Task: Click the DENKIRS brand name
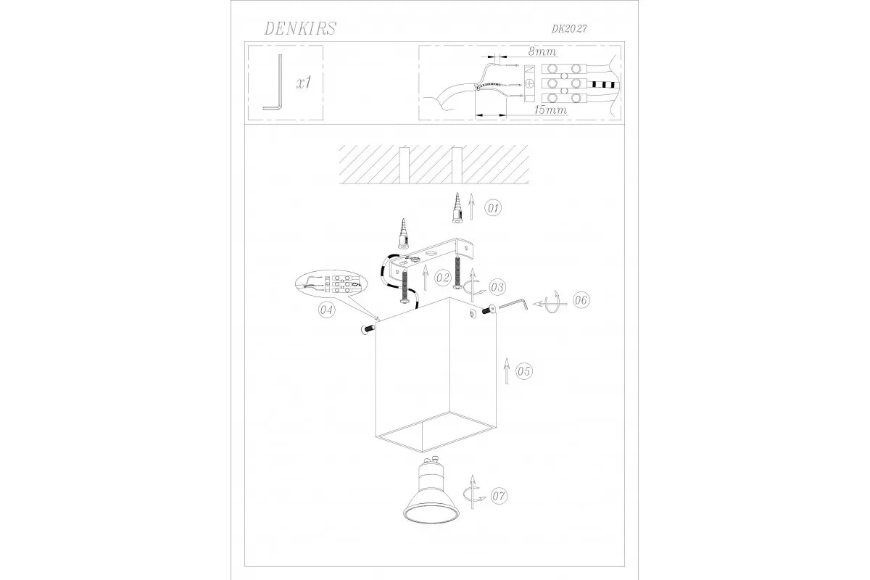pos(300,29)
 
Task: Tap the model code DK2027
pos(569,29)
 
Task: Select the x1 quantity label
pos(304,83)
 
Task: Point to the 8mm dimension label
pos(542,51)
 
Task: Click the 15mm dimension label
pos(551,110)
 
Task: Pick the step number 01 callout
pos(493,208)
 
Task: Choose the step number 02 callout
pos(442,278)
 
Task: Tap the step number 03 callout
pos(497,287)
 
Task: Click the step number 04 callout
pos(327,310)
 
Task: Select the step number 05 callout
pos(524,371)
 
